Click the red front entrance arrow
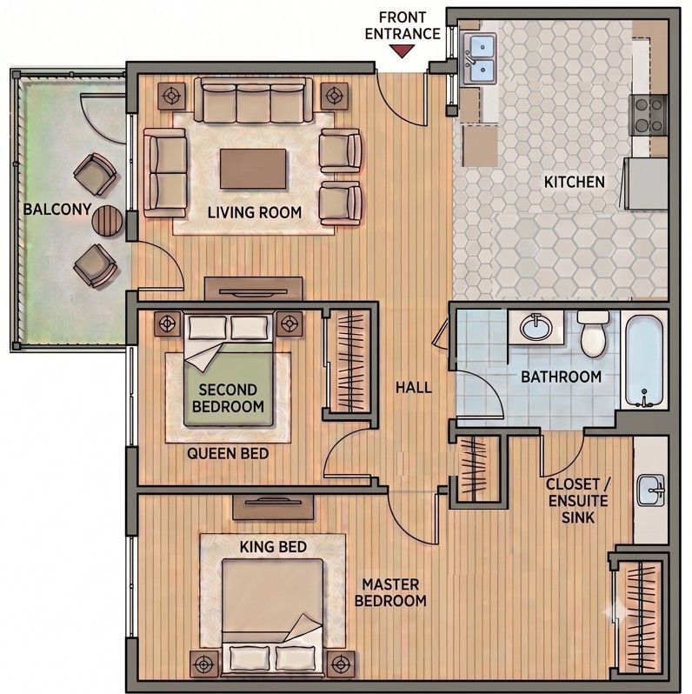tap(402, 51)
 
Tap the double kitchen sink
tap(480, 59)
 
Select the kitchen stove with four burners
tap(649, 115)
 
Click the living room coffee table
tap(253, 169)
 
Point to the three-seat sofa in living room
tap(253, 101)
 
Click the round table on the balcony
tap(107, 220)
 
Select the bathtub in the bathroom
tap(644, 360)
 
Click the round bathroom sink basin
tap(536, 327)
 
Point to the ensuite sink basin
tap(650, 490)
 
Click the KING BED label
tap(273, 547)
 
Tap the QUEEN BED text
tap(228, 453)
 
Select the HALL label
tap(414, 388)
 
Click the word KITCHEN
tap(574, 182)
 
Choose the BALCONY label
tap(57, 210)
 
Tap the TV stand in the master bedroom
tap(273, 507)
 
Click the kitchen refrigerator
tap(647, 184)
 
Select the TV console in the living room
tap(254, 290)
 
